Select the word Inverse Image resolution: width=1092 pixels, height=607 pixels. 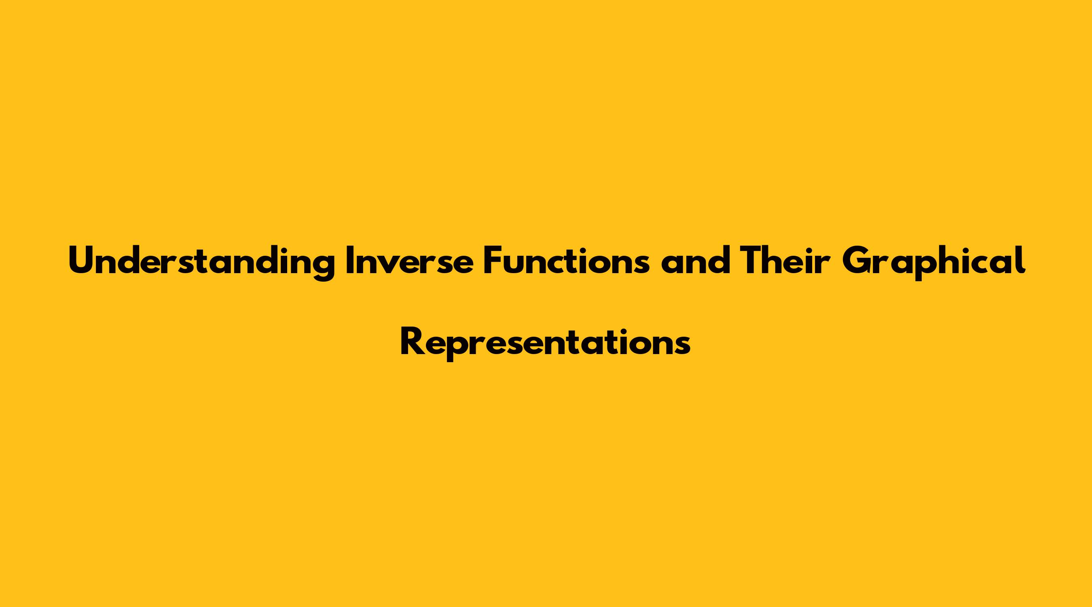pyautogui.click(x=409, y=261)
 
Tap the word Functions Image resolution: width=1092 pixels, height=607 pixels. pyautogui.click(x=566, y=261)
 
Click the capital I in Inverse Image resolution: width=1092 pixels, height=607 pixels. pyautogui.click(x=350, y=261)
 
